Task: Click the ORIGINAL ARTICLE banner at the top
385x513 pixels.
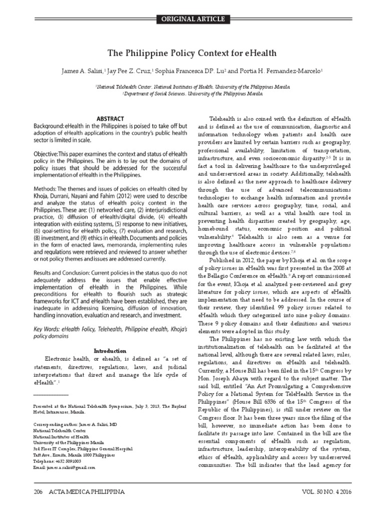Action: [192, 19]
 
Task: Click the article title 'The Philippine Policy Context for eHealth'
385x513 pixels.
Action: [192, 53]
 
